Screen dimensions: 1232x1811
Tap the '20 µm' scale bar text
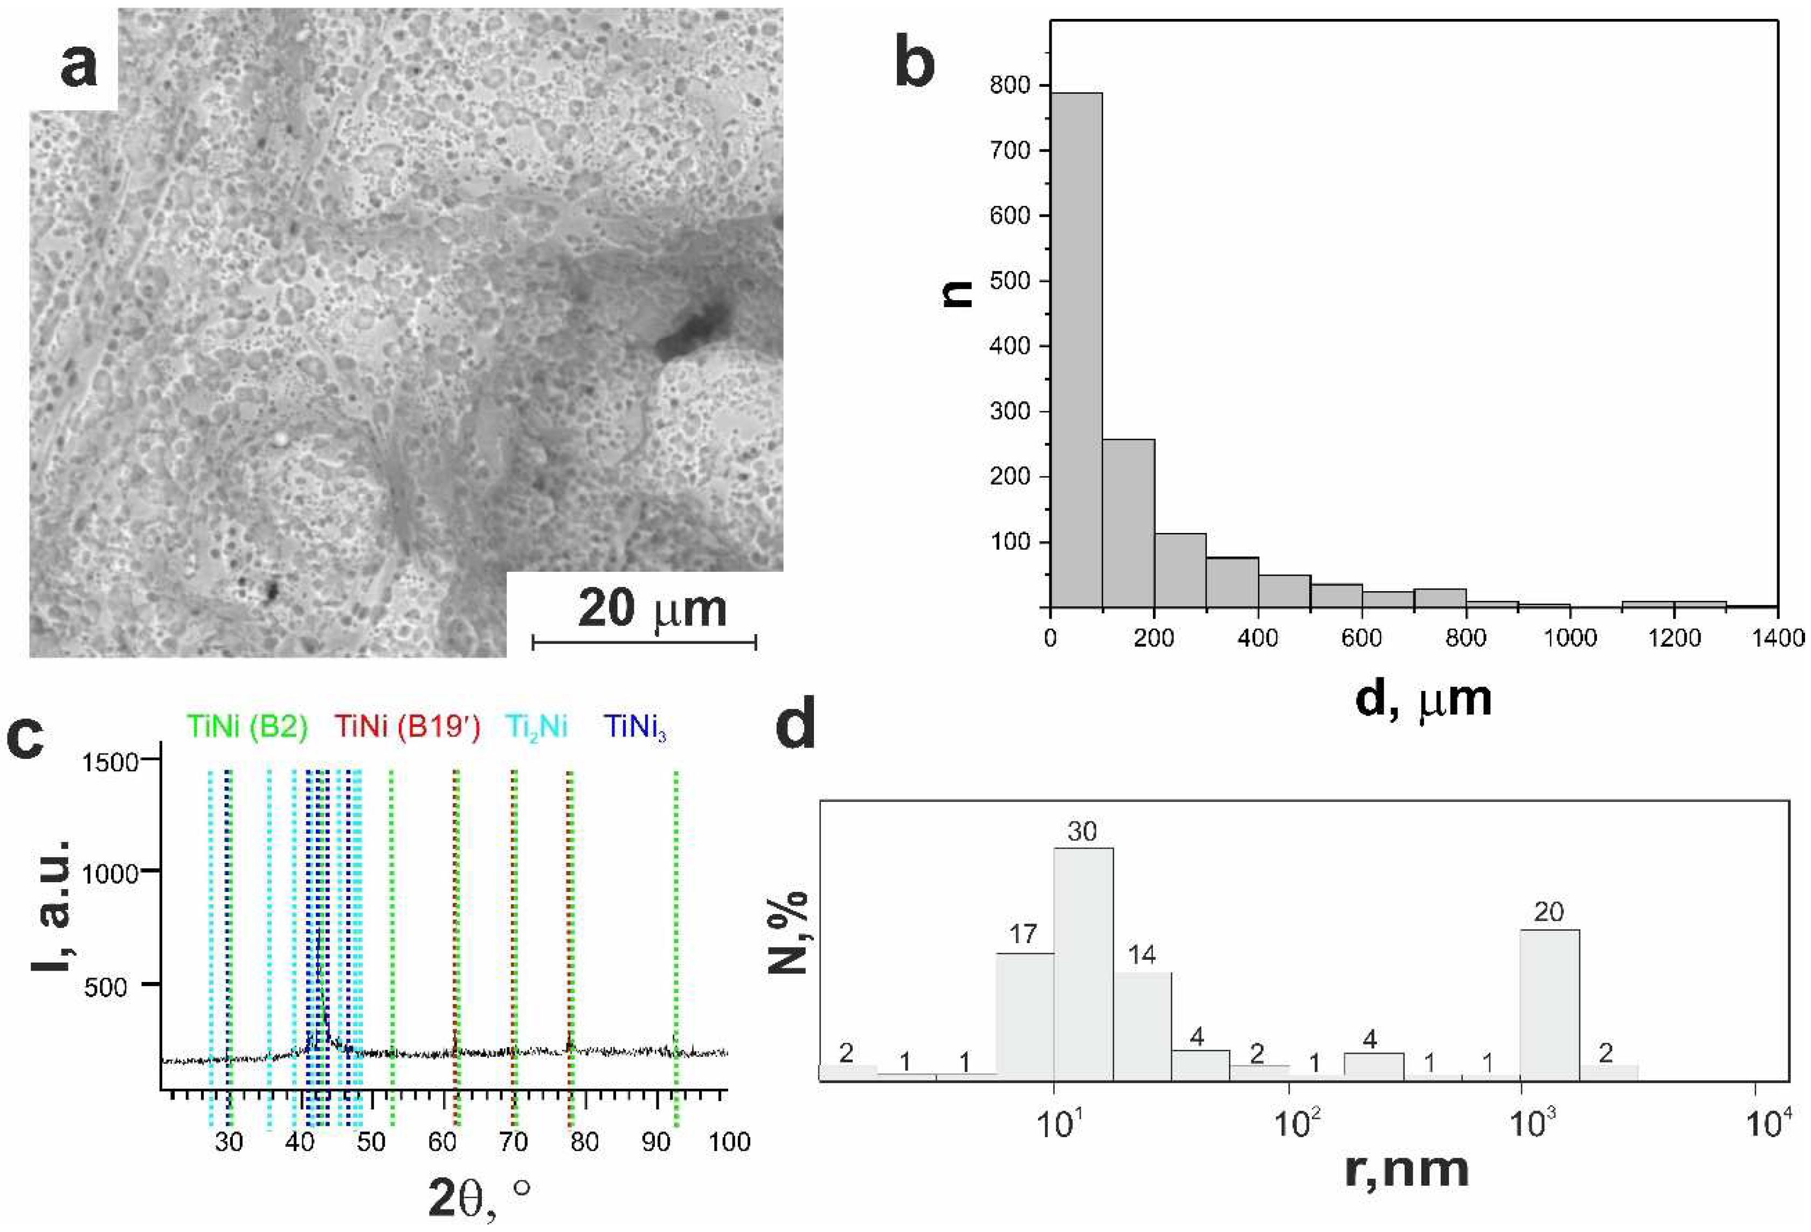click(x=652, y=610)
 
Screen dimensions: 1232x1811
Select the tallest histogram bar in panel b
click(x=1076, y=351)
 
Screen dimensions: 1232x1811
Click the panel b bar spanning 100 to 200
click(x=1128, y=523)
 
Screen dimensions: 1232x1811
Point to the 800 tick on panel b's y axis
click(x=1010, y=85)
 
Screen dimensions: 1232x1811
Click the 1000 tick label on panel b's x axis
click(x=1570, y=638)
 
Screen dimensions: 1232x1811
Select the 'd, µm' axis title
click(x=1423, y=699)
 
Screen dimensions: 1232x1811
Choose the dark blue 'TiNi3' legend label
click(x=637, y=728)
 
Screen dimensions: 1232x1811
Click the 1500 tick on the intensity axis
click(x=110, y=762)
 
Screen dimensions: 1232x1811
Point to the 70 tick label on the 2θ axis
click(x=514, y=1143)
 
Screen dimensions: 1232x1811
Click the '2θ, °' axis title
click(x=479, y=1198)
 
